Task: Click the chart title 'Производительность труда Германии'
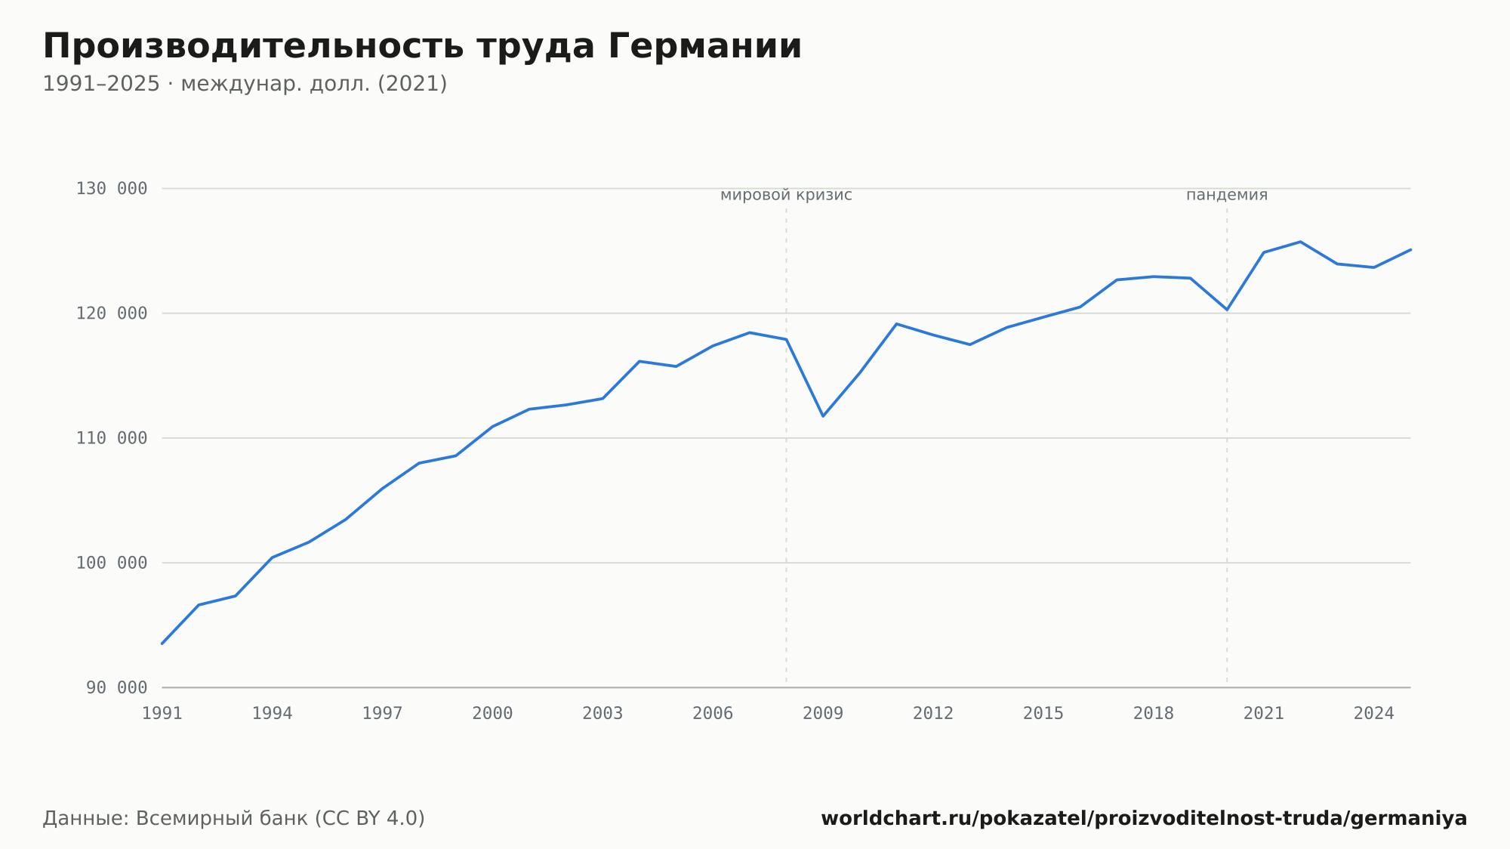[x=422, y=47]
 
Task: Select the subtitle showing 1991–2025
[x=245, y=84]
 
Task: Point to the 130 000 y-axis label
[x=112, y=189]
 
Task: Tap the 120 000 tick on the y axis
[x=112, y=313]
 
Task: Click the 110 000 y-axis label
[x=112, y=438]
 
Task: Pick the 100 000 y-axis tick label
[x=112, y=563]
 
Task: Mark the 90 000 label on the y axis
[x=117, y=687]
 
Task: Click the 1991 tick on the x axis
[x=162, y=714]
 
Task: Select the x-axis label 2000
[x=492, y=714]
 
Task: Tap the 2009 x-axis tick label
[x=823, y=714]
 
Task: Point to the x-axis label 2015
[x=1043, y=714]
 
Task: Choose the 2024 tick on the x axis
[x=1374, y=714]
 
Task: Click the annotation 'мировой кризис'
[x=786, y=196]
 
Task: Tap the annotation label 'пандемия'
[x=1227, y=196]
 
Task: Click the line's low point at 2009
[x=823, y=416]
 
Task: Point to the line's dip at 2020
[x=1227, y=310]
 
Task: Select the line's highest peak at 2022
[x=1300, y=242]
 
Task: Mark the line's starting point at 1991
[x=162, y=644]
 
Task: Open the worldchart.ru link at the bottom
[x=1144, y=819]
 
